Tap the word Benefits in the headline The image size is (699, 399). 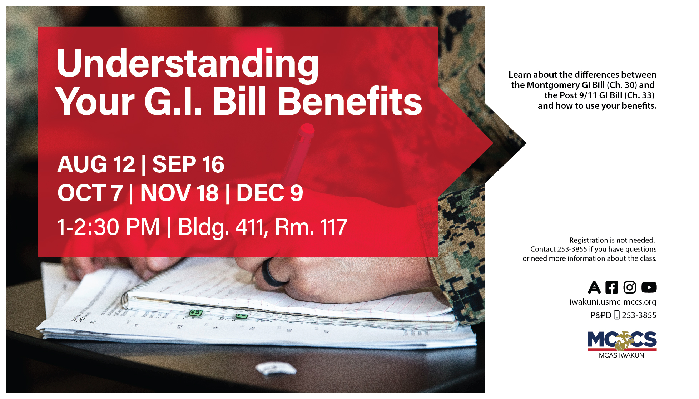point(349,102)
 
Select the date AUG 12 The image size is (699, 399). point(96,164)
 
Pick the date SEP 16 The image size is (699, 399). point(188,164)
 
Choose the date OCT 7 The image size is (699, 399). point(90,193)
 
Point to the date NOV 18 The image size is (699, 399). point(179,193)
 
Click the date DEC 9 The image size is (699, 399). point(270,193)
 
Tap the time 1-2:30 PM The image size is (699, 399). point(108,227)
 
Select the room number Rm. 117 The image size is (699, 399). point(311,227)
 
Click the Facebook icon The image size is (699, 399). point(611,287)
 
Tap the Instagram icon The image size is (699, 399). point(630,287)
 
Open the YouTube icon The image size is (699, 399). point(649,287)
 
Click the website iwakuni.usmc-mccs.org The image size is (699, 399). point(613,302)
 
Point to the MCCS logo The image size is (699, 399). point(622,341)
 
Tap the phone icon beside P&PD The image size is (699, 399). point(616,315)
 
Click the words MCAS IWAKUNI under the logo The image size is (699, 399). point(622,355)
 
